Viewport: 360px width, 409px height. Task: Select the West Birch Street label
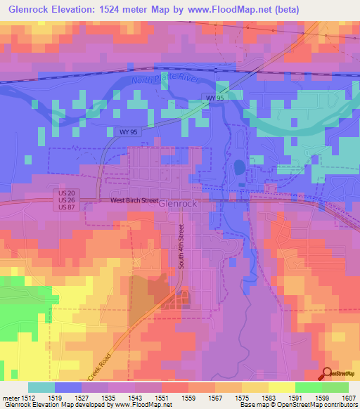tap(134, 200)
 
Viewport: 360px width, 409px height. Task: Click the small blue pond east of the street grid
tap(239, 168)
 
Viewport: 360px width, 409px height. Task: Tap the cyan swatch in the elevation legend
tap(41, 387)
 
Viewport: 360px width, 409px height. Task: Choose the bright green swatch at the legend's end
tap(335, 387)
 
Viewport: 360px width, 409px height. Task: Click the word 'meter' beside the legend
tap(8, 398)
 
